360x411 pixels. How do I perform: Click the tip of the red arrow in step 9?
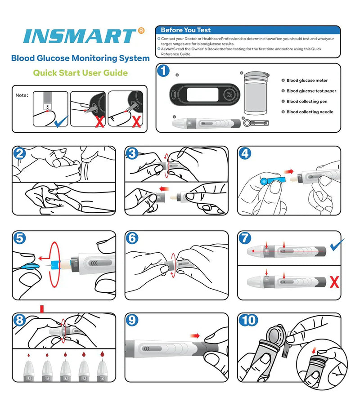click(x=200, y=336)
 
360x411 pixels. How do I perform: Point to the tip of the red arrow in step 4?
click(x=293, y=171)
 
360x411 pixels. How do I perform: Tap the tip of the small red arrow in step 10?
click(x=312, y=353)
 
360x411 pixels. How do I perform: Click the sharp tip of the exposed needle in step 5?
click(x=45, y=266)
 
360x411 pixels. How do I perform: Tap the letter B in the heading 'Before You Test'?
click(x=163, y=30)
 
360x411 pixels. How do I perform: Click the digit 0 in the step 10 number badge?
click(x=252, y=320)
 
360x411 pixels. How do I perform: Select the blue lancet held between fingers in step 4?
click(x=273, y=180)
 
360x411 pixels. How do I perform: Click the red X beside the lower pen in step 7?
click(x=334, y=282)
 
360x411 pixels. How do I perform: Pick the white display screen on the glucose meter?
click(x=202, y=94)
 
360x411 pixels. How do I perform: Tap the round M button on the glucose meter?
click(x=229, y=94)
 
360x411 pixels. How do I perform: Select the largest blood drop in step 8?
click(x=102, y=354)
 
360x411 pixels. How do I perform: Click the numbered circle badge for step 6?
click(x=132, y=238)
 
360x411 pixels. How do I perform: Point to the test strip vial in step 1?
click(x=255, y=94)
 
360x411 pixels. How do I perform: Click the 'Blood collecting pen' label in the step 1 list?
click(x=307, y=102)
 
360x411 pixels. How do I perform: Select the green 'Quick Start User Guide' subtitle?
click(x=80, y=72)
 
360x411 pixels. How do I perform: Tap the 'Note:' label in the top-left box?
click(x=22, y=95)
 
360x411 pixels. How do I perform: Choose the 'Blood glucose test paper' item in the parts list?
click(x=311, y=91)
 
